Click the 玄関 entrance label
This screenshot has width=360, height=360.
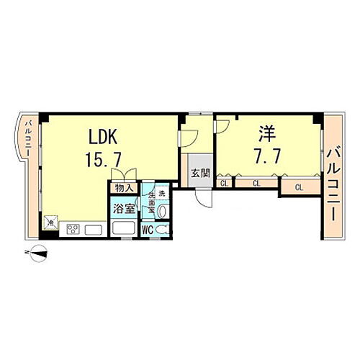(x=201, y=173)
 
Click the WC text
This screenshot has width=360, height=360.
(x=147, y=230)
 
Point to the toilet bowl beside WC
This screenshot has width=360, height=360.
(x=164, y=230)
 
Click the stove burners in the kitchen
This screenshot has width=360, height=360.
(x=73, y=230)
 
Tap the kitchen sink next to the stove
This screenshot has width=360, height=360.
(x=93, y=230)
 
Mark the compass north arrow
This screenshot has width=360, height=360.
(x=38, y=252)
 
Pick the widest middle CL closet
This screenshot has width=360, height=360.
(x=256, y=184)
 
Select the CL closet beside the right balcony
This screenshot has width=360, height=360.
(x=298, y=188)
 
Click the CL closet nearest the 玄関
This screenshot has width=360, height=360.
(x=224, y=184)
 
